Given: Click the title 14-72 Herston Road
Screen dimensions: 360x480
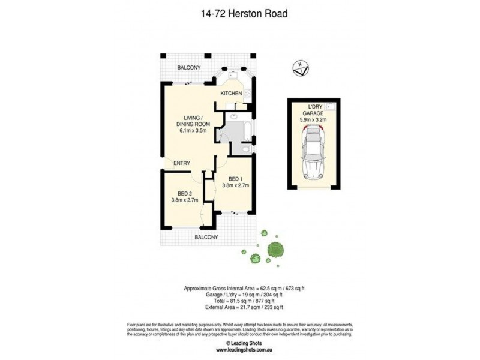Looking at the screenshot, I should click(240, 12).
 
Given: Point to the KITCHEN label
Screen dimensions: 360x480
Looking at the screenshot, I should click(231, 94).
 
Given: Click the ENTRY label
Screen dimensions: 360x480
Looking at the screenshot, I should click(182, 163).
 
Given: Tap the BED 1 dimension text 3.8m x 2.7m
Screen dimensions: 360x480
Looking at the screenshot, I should click(236, 185).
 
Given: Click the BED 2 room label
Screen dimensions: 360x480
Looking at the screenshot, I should click(184, 193).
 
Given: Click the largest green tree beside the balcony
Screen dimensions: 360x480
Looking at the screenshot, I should click(275, 250).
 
